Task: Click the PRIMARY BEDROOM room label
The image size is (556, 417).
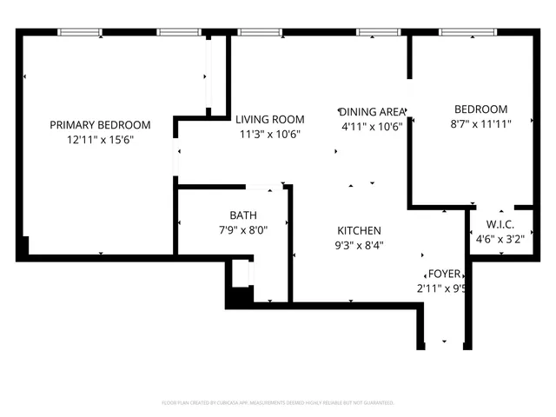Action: pos(100,124)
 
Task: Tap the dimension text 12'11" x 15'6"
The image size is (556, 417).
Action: pos(100,139)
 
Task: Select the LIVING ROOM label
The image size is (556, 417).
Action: pos(270,119)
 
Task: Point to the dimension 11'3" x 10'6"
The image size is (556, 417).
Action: pos(270,134)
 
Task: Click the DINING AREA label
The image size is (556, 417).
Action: pos(373,111)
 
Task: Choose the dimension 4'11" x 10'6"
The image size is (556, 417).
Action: pos(373,126)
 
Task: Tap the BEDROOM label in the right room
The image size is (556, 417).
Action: pos(480,109)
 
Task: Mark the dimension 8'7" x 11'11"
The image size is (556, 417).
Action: pos(480,123)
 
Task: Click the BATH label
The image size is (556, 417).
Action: pos(243,215)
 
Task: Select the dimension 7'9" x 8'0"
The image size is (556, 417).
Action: pos(243,230)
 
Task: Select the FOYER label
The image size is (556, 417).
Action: pos(440,274)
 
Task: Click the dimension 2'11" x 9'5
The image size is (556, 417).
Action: pos(442,288)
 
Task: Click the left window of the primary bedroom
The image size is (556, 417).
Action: pos(79,33)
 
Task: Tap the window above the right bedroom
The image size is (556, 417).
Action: pos(462,33)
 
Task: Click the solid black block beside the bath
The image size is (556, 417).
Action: pos(236,298)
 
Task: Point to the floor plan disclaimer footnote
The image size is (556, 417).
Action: pos(278,403)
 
